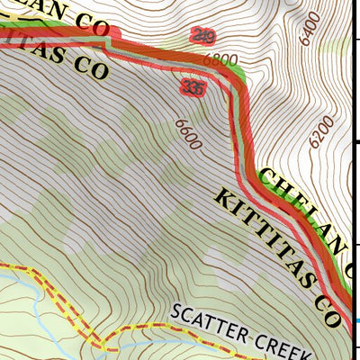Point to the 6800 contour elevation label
220,60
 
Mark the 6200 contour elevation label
319,131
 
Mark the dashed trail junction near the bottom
107,344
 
